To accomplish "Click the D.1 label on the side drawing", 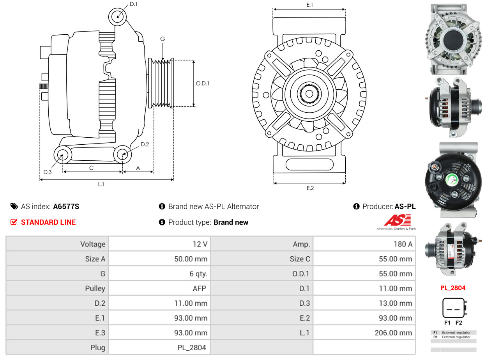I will tap(133, 4).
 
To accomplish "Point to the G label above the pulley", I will tap(163, 39).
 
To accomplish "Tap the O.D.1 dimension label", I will tap(202, 83).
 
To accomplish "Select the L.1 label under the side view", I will tap(101, 184).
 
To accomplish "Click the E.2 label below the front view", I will tap(310, 188).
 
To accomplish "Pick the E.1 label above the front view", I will tap(310, 5).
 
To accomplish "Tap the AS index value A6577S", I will tap(66, 206).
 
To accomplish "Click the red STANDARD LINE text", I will tap(48, 222).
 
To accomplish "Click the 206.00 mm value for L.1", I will tap(395, 333).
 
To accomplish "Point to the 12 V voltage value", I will tap(200, 244).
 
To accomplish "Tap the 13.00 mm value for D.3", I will tap(395, 303).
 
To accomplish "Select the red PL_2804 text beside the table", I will tap(453, 288).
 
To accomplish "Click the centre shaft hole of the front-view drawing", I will tap(309, 94).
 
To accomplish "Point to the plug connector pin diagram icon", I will tap(453, 308).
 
